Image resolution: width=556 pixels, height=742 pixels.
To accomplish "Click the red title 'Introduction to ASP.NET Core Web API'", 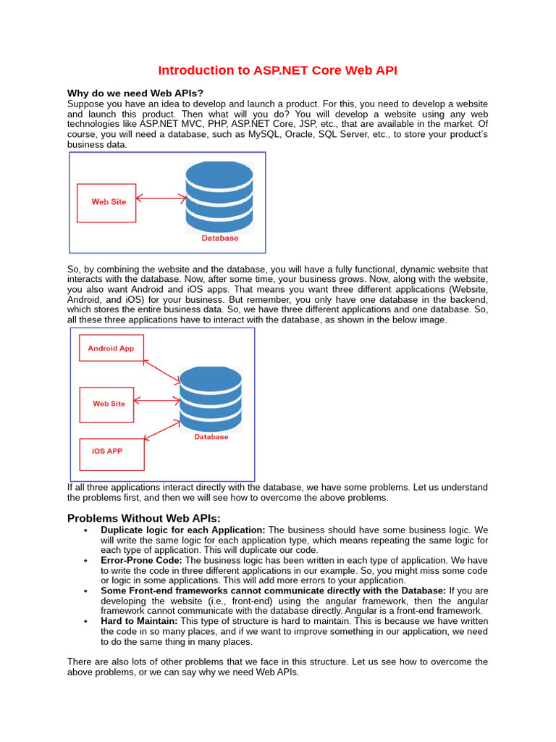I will pyautogui.click(x=277, y=70).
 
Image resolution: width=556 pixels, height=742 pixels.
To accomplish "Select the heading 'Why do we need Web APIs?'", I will pyautogui.click(x=135, y=93).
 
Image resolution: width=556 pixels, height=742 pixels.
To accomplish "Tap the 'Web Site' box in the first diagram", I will pyautogui.click(x=107, y=202).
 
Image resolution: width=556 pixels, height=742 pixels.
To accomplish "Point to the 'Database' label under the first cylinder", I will pyautogui.click(x=220, y=238).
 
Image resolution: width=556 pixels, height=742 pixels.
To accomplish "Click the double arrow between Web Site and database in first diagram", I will pyautogui.click(x=161, y=198).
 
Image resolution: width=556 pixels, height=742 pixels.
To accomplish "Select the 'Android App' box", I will pyautogui.click(x=111, y=349).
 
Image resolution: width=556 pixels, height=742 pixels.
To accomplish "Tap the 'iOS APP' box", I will pyautogui.click(x=111, y=451).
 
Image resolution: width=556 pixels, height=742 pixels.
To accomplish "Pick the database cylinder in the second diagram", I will pyautogui.click(x=211, y=399).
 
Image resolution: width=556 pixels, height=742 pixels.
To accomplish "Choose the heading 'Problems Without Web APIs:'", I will pyautogui.click(x=143, y=518).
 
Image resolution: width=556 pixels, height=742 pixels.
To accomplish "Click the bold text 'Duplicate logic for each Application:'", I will pyautogui.click(x=183, y=530).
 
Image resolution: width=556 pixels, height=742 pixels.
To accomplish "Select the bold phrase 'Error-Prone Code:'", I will pyautogui.click(x=142, y=561).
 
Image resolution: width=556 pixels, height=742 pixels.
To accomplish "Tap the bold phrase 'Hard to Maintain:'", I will pyautogui.click(x=139, y=622).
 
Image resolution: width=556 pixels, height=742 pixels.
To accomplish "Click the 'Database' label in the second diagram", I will pyautogui.click(x=211, y=437).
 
